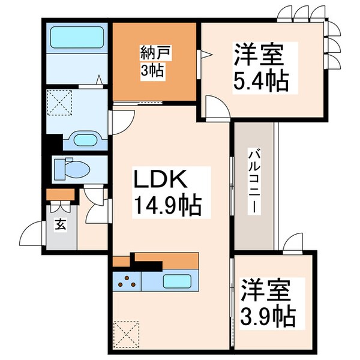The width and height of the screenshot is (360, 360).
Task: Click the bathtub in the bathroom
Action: pos(76,37)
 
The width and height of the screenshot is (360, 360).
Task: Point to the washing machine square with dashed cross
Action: pos(60,103)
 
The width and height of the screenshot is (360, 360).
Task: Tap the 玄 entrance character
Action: pos(61,225)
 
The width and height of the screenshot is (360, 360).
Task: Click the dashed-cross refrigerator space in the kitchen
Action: pos(127,333)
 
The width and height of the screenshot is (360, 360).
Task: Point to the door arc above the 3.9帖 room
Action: pos(294,241)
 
